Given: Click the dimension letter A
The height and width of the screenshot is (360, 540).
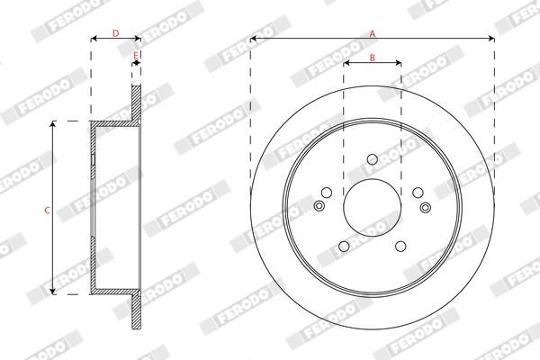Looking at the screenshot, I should tap(372, 32).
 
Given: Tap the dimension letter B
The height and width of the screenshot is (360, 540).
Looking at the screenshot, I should tap(372, 57).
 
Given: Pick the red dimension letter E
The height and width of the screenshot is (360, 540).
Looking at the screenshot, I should tap(136, 56).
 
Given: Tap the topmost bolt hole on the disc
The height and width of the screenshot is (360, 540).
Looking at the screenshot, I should tap(372, 160).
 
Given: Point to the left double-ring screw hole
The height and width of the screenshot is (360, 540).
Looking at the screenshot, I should tap(319, 207).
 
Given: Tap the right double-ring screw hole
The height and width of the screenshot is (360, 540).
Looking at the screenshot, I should tap(425, 207).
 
